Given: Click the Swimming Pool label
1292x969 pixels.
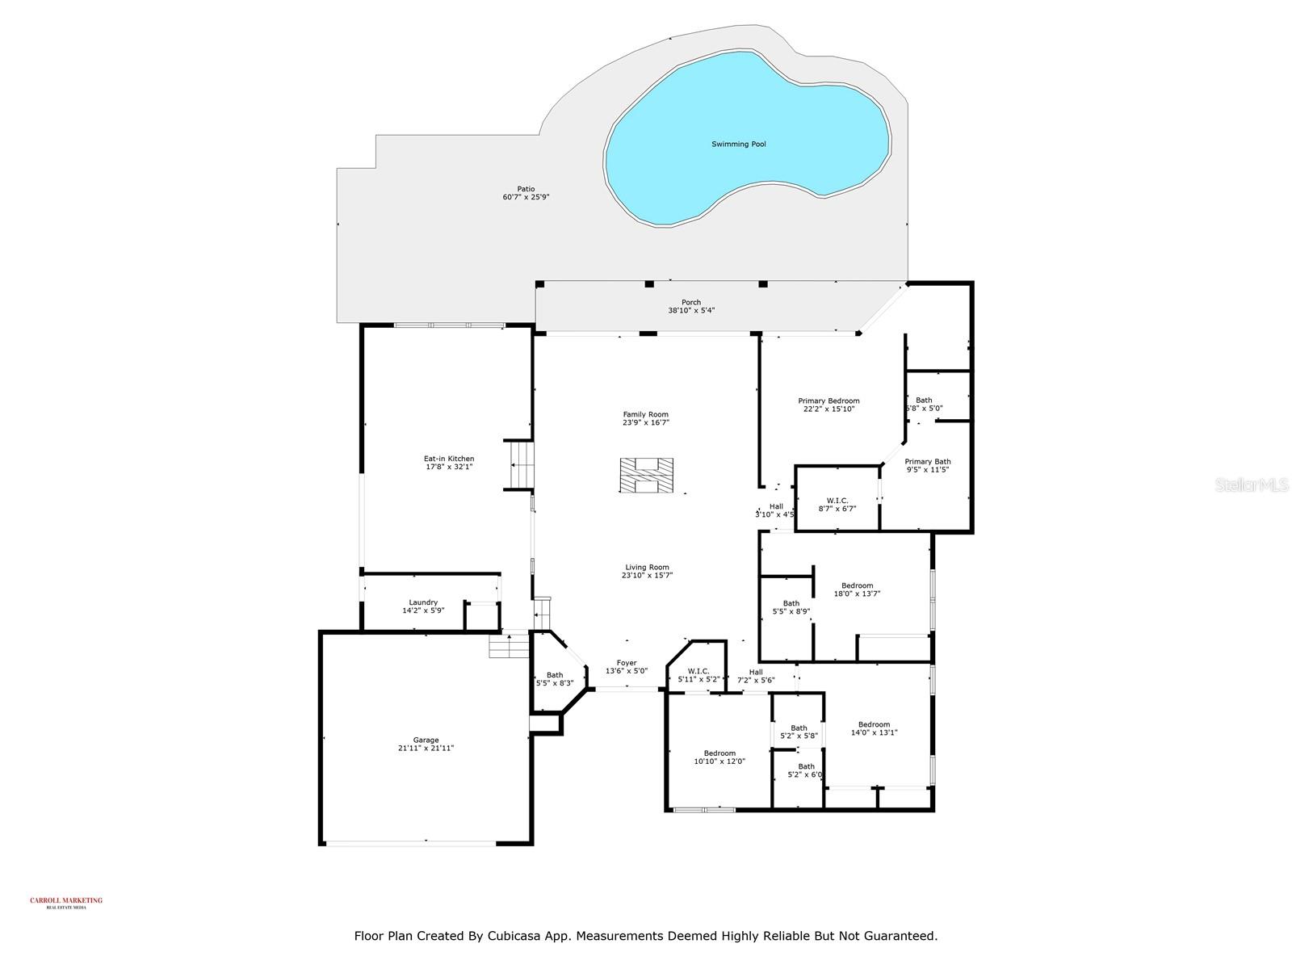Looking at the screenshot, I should [x=738, y=145].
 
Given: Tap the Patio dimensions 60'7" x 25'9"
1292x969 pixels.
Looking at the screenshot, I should [x=526, y=197].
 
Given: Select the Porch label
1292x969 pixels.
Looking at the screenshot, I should [x=690, y=303].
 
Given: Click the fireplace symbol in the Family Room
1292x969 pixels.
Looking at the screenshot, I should [x=646, y=476].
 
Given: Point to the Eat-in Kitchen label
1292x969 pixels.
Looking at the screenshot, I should [x=449, y=459].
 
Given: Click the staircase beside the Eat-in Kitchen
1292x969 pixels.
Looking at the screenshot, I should [x=520, y=465].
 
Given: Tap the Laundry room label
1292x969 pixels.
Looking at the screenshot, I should [x=423, y=602].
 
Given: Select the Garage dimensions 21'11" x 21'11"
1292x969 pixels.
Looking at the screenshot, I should [x=426, y=749].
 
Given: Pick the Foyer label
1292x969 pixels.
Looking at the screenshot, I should [x=627, y=663].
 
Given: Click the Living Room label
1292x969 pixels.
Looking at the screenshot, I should [x=647, y=567].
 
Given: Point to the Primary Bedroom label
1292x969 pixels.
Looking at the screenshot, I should [x=828, y=401].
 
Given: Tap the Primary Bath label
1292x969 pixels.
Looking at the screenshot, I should [x=927, y=462].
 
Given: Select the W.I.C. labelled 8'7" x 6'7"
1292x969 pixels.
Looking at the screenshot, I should [x=837, y=501].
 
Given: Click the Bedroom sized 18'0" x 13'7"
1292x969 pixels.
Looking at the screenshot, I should [x=857, y=586].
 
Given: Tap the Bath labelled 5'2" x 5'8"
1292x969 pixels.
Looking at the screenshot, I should [x=799, y=728].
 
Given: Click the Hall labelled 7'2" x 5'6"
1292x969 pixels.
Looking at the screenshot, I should [x=755, y=672].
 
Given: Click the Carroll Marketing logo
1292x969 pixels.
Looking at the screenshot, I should [x=66, y=902].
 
